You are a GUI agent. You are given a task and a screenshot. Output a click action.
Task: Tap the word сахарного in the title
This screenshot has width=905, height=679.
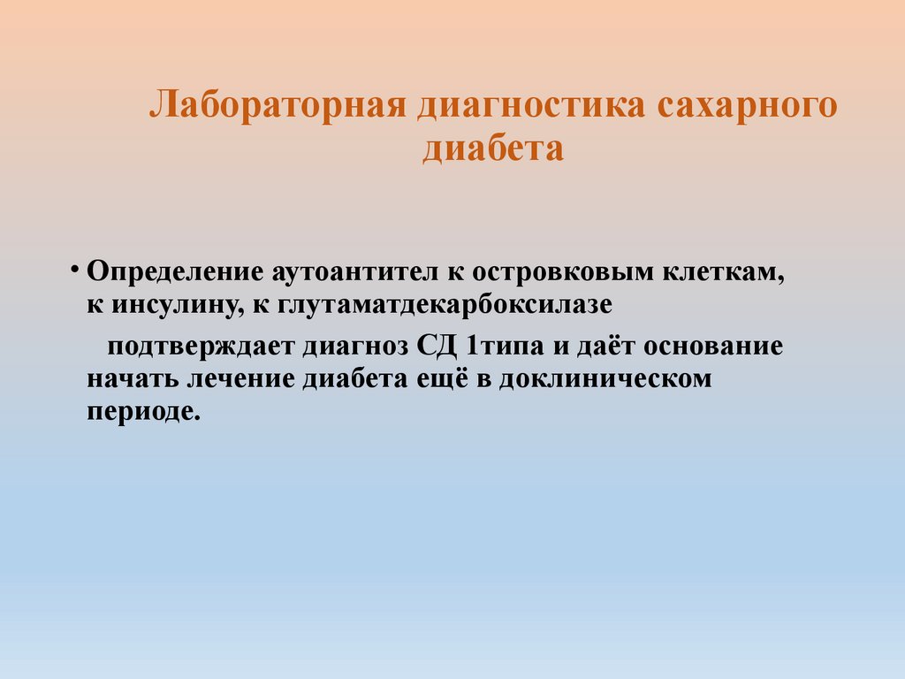click(746, 104)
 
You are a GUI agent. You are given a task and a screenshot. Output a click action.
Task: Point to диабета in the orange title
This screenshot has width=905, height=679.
click(492, 149)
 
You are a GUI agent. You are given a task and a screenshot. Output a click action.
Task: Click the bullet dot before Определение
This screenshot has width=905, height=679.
click(77, 269)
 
